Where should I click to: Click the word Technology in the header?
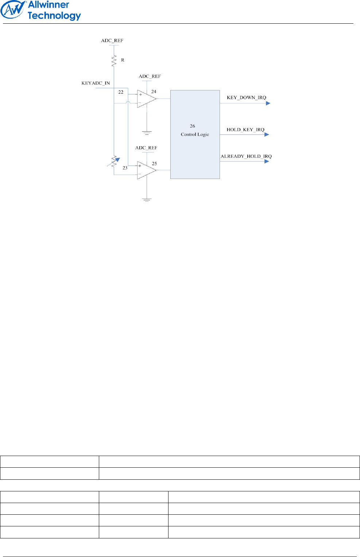coord(54,16)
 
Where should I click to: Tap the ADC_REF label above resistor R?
coord(112,40)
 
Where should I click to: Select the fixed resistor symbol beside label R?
coord(114,61)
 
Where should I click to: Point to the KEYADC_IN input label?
coord(96,83)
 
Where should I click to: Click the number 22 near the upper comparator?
coord(121,92)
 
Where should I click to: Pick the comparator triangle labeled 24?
coord(146,98)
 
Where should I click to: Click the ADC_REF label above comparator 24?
coord(150,76)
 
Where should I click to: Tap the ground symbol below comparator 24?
coord(147,133)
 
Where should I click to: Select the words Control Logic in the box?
coord(195,135)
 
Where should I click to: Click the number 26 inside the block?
coord(192,126)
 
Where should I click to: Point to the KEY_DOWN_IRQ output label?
coord(246,98)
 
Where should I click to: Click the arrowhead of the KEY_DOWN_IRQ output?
coord(268,103)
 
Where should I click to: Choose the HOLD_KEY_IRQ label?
coord(245,130)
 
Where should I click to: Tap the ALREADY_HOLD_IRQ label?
coord(246,156)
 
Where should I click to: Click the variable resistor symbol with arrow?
coord(114,161)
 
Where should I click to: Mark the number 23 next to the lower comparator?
coord(125,168)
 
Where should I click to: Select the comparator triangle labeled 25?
coord(146,170)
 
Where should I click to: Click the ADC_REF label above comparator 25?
coord(146,148)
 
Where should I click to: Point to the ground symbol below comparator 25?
coord(147,200)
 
